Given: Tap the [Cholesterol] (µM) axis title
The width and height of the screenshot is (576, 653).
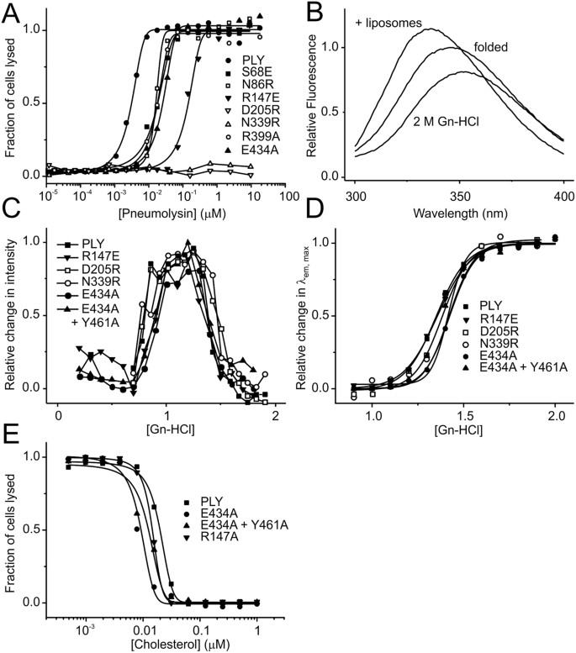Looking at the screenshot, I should click(x=151, y=642).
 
